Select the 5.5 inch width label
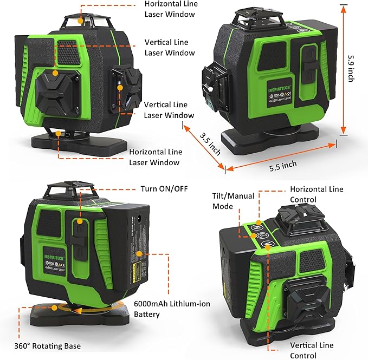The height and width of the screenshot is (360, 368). pos(282,163)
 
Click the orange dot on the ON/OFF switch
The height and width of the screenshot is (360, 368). pos(80,221)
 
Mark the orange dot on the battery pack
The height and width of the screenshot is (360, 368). pos(139,253)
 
